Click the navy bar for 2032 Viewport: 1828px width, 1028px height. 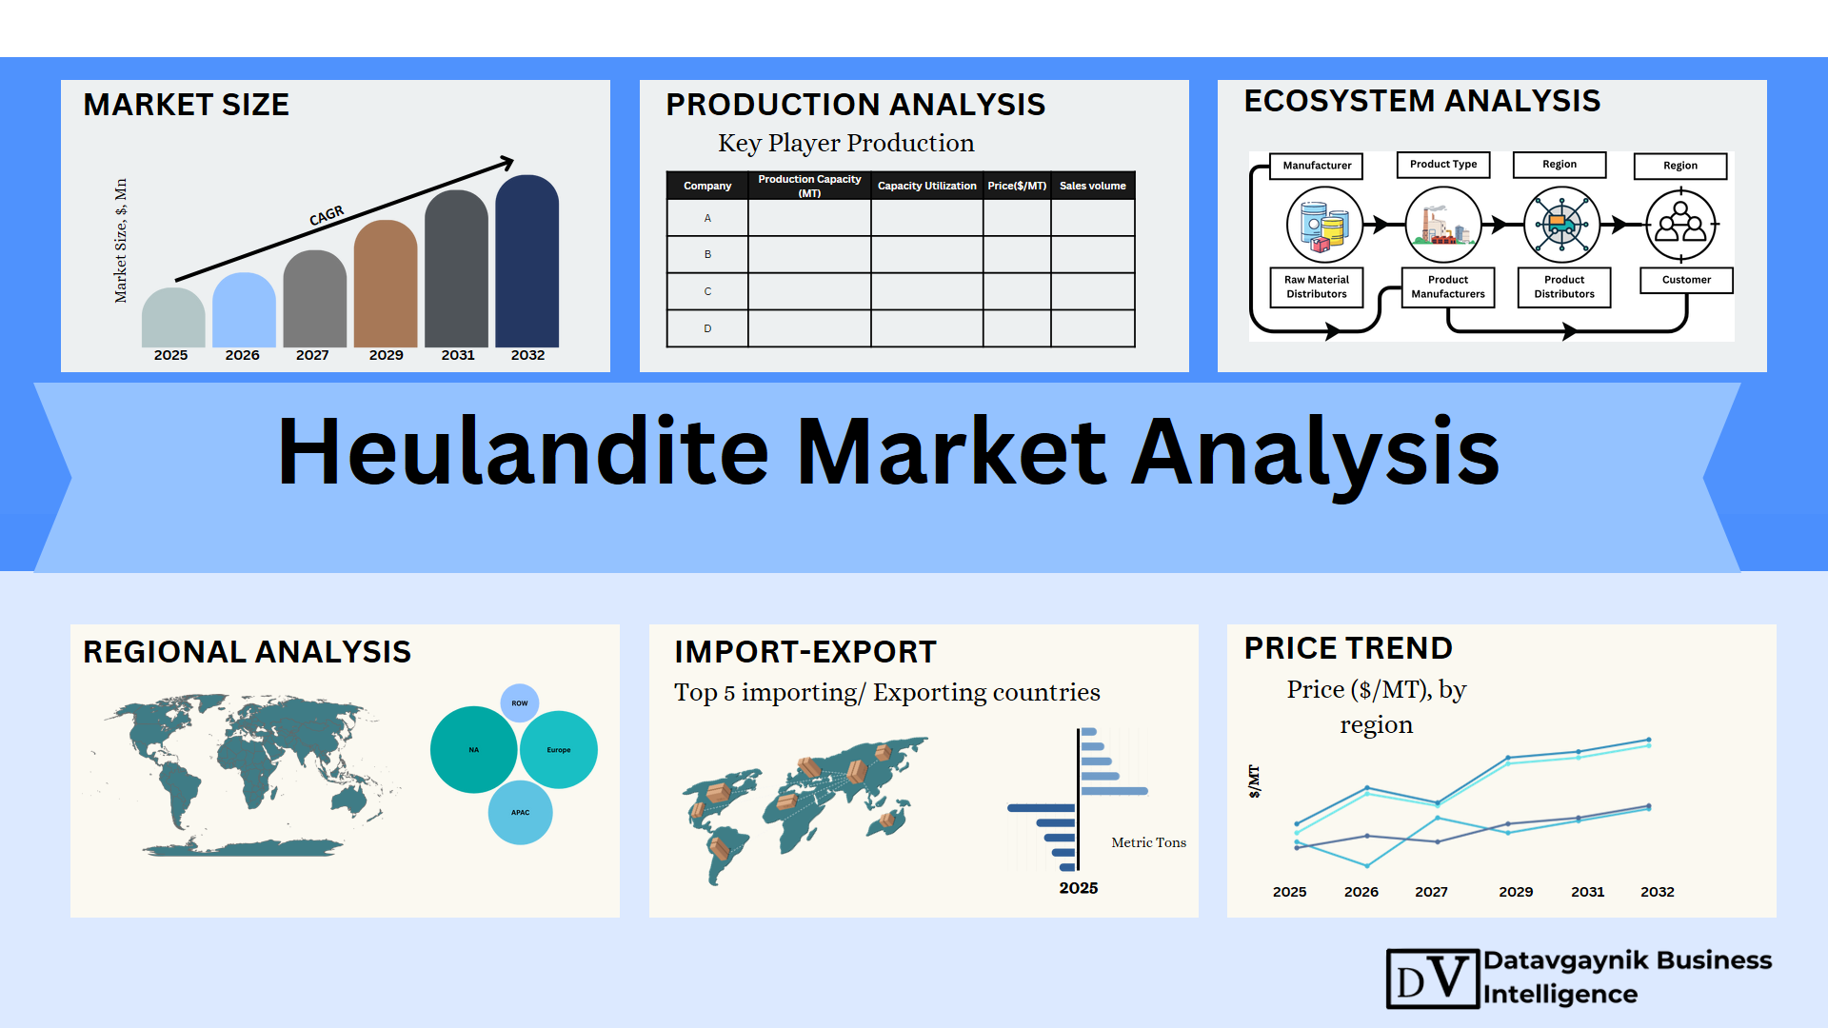tap(527, 261)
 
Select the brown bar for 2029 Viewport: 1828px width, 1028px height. tap(386, 284)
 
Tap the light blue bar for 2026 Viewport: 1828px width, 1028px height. tap(244, 309)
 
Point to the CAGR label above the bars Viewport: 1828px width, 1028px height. tap(327, 216)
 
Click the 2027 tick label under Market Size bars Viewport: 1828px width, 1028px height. tap(312, 355)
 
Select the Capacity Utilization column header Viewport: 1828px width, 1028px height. tap(926, 186)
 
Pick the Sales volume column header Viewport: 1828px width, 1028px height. tap(1092, 186)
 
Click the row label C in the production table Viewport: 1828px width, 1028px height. tap(707, 291)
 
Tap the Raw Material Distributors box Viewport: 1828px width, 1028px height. tap(1317, 287)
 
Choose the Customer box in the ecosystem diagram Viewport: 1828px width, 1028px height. tap(1686, 280)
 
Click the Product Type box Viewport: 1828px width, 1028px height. tap(1443, 165)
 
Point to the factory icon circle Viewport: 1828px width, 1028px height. tap(1443, 225)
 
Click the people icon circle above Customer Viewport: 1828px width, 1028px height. tap(1681, 226)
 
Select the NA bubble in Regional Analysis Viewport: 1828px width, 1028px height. tap(473, 750)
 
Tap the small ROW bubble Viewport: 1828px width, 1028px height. tap(520, 703)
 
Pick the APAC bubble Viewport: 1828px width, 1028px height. tap(520, 813)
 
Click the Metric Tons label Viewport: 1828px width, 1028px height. tap(1148, 842)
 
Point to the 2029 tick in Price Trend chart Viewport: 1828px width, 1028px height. tap(1516, 892)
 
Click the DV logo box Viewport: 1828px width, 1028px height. tap(1433, 979)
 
